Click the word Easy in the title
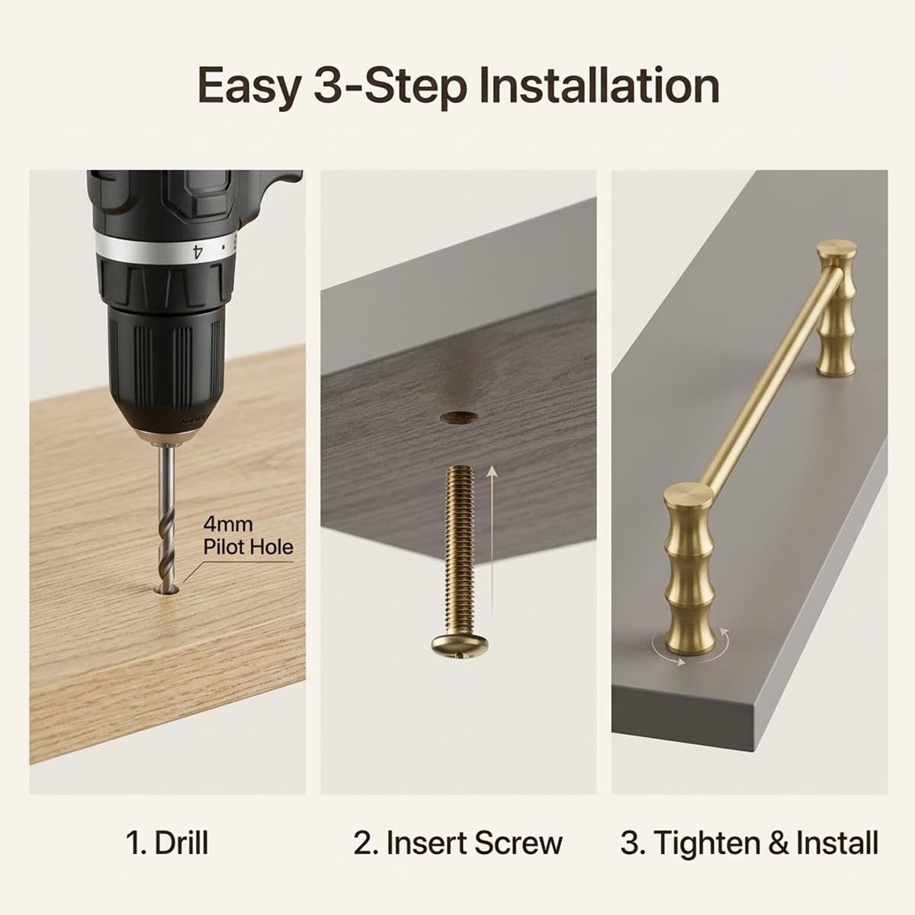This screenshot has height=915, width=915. tap(249, 87)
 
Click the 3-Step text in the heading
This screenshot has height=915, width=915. tap(389, 87)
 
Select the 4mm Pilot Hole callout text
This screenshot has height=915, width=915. tap(248, 537)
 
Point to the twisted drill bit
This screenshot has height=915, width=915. tap(166, 518)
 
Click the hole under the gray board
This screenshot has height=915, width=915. tap(458, 418)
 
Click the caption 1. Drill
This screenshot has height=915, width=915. tap(167, 843)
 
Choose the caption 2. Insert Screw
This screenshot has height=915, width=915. tap(457, 843)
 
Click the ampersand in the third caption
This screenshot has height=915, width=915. tap(780, 843)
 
